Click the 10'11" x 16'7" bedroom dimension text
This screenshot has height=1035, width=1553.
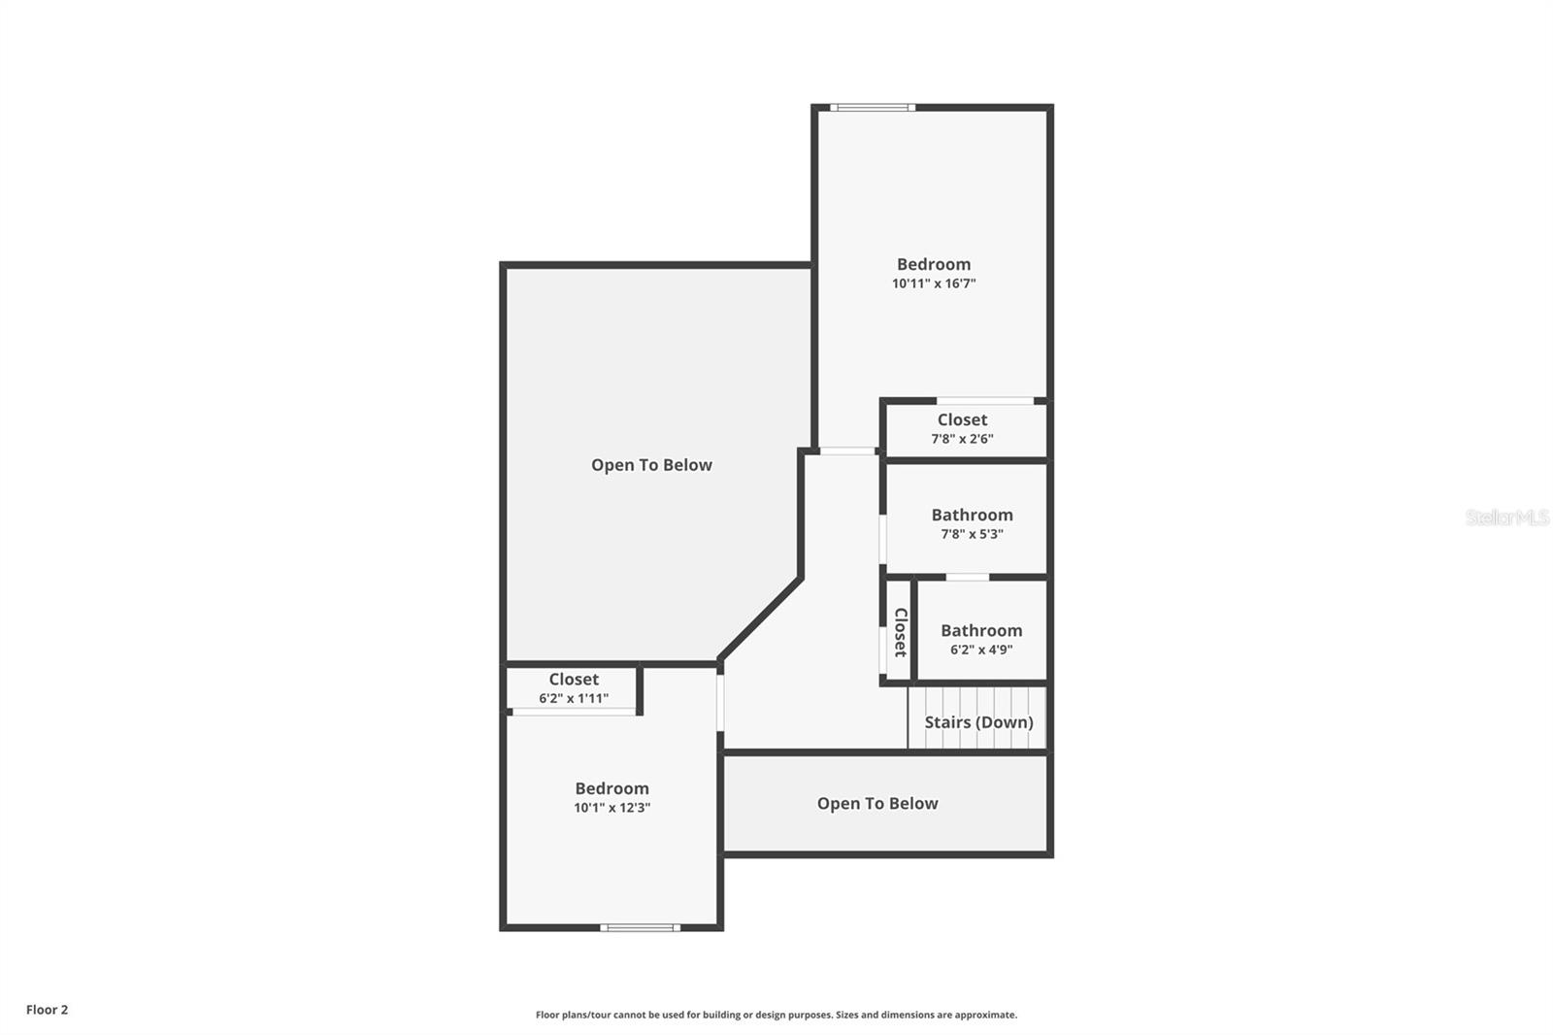pos(933,284)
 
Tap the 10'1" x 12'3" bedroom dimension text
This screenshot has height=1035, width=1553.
pos(611,808)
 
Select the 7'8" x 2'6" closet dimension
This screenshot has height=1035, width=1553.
pos(962,439)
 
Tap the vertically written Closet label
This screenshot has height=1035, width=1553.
pos(900,632)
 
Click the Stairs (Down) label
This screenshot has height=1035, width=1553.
pos(978,722)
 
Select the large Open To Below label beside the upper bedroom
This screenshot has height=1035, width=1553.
pos(651,465)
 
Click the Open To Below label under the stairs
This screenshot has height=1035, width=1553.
pos(877,804)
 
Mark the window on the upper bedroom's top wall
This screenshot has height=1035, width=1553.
pos(872,108)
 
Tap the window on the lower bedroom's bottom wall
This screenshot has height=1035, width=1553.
pos(640,928)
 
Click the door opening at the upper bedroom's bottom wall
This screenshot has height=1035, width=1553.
pos(847,451)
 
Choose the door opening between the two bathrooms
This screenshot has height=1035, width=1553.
pos(967,577)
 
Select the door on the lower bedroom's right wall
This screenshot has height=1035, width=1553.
pos(720,702)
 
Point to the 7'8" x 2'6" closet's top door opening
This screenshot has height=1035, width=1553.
pos(984,400)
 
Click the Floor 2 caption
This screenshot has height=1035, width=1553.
pos(47,1010)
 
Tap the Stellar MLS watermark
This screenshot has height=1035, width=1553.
pos(1506,517)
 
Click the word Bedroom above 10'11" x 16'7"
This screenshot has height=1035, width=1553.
pos(933,264)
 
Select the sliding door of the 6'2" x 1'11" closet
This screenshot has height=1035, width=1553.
pos(574,713)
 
